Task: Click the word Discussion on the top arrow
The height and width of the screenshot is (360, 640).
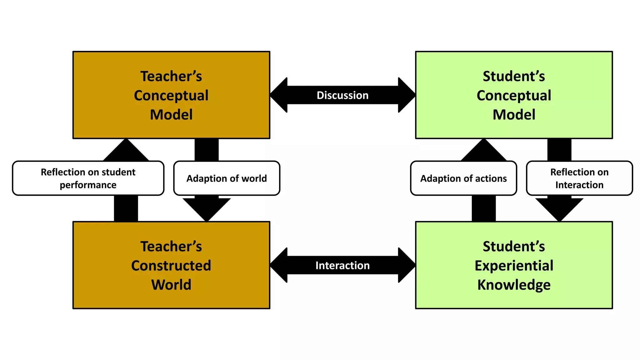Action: click(342, 95)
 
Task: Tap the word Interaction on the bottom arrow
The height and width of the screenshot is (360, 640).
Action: click(342, 265)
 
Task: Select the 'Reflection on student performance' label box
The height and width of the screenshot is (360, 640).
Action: click(88, 178)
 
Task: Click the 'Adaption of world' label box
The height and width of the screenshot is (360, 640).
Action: click(227, 178)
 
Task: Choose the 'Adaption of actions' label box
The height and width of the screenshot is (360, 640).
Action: click(463, 178)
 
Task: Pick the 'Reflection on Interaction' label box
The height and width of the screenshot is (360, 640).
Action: click(579, 178)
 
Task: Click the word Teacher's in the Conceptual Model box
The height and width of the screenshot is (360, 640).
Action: click(171, 76)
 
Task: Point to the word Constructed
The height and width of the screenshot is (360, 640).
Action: click(171, 266)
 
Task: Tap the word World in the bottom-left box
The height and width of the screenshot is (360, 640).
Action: click(171, 285)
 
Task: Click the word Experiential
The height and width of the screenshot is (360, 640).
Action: click(514, 266)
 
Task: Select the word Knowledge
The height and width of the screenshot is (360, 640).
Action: click(514, 285)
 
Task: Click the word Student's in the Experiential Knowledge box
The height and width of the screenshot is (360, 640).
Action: click(514, 247)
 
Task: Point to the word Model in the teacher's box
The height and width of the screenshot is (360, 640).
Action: click(171, 115)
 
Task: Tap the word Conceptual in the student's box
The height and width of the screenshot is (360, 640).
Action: click(514, 96)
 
